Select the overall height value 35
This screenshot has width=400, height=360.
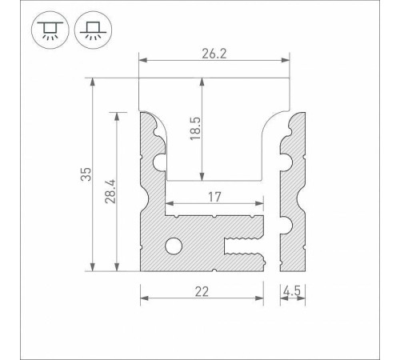[87, 174]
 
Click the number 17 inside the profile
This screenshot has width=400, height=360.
[213, 197]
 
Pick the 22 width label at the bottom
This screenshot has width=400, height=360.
[202, 290]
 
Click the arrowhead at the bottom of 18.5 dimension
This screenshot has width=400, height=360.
[202, 178]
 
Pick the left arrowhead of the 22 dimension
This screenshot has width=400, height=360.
[144, 298]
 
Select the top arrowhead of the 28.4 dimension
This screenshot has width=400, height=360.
[119, 115]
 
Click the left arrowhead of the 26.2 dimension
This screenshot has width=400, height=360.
[144, 59]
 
